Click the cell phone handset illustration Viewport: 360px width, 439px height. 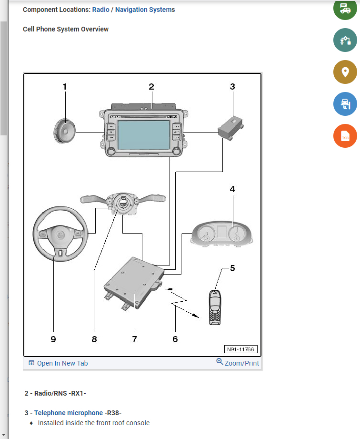(215, 307)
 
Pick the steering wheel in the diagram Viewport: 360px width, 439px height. (60, 234)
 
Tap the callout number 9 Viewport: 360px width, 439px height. (53, 339)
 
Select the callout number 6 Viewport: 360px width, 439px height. (175, 339)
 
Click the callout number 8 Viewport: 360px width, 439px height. (94, 339)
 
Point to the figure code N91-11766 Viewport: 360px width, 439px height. (241, 349)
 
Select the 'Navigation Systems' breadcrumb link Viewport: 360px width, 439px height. (145, 10)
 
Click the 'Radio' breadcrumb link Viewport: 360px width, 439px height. (100, 10)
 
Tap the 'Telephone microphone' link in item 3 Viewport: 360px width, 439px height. (68, 413)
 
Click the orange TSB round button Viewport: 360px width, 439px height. (345, 135)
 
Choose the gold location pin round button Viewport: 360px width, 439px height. (345, 72)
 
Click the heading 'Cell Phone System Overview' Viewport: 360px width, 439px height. (66, 29)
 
